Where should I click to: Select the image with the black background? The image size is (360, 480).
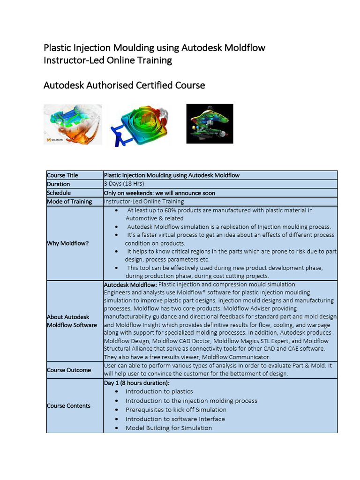(x=210, y=124)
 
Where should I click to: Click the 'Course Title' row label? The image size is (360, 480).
(x=62, y=175)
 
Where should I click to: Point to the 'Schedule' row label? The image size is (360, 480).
(x=59, y=193)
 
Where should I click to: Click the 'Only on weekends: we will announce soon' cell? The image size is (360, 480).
(x=159, y=193)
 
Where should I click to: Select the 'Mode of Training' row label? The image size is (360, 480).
(x=68, y=202)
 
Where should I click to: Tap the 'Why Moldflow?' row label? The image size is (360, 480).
(x=67, y=243)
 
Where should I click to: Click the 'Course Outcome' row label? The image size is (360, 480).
(x=69, y=370)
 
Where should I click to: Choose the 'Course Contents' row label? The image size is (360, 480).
(x=68, y=405)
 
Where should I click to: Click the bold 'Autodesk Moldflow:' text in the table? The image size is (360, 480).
(x=130, y=285)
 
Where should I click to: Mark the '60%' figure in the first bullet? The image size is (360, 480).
(x=176, y=210)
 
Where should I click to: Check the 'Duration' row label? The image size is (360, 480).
(x=58, y=184)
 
